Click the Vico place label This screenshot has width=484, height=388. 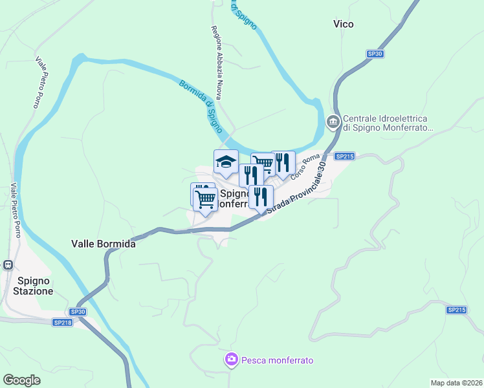pyautogui.click(x=343, y=24)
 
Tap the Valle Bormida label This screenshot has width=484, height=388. pyautogui.click(x=104, y=244)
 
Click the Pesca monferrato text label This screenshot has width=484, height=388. pyautogui.click(x=277, y=360)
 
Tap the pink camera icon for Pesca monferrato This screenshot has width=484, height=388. pyautogui.click(x=231, y=360)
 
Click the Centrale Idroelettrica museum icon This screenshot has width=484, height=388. pyautogui.click(x=333, y=122)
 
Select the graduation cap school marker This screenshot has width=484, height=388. pyautogui.click(x=226, y=162)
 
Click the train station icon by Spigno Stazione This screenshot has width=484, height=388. pyautogui.click(x=8, y=264)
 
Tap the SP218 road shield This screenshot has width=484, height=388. pyautogui.click(x=63, y=322)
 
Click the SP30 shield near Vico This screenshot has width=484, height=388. pyautogui.click(x=375, y=54)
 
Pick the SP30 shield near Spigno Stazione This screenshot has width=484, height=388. pyautogui.click(x=78, y=312)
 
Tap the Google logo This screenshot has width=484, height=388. pyautogui.click(x=21, y=380)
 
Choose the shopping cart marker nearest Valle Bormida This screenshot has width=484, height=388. pyautogui.click(x=205, y=200)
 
